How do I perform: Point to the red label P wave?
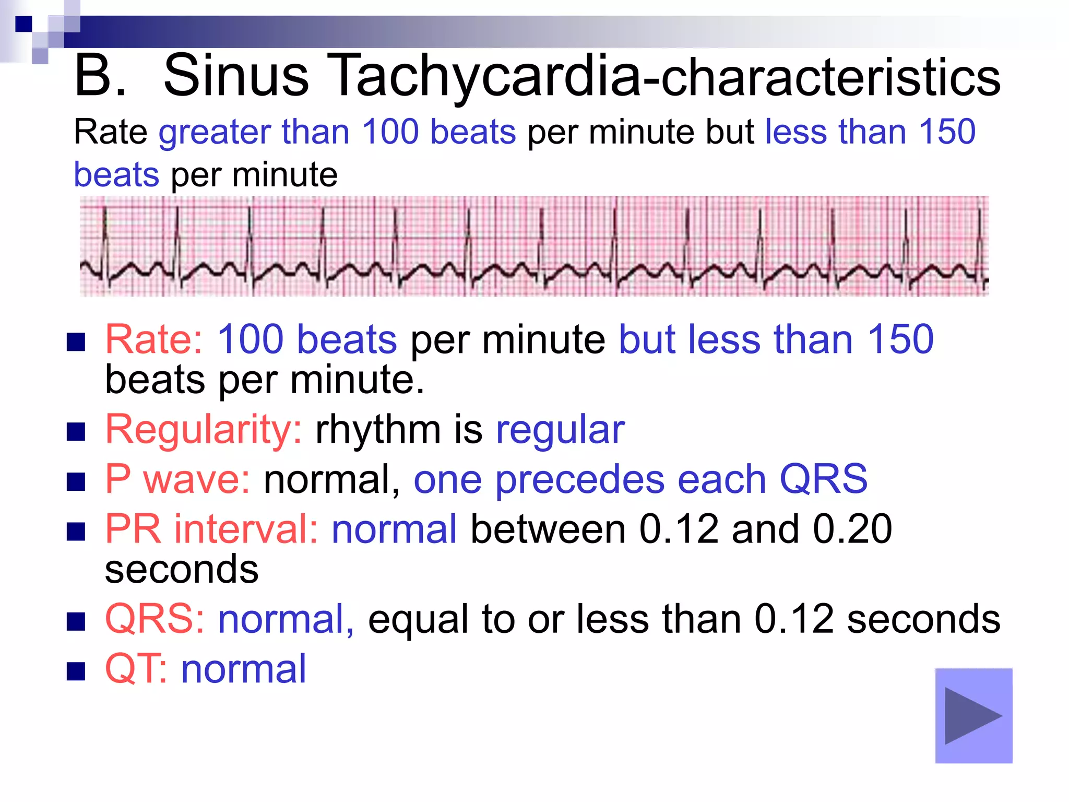tap(177, 479)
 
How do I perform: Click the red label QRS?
tap(155, 619)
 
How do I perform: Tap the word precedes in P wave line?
tap(579, 480)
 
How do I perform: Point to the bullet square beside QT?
tap(76, 672)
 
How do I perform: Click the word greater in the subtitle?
tap(214, 132)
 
